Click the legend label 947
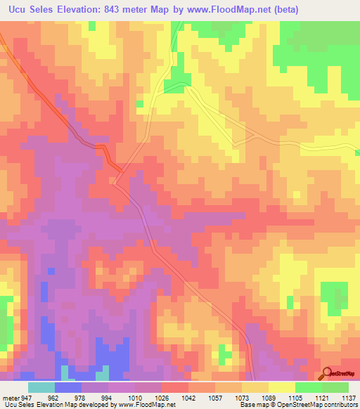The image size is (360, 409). pyautogui.click(x=26, y=397)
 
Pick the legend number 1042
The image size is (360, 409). pyautogui.click(x=188, y=397)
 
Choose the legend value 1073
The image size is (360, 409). pyautogui.click(x=241, y=397)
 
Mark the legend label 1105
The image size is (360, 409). pyautogui.click(x=295, y=397)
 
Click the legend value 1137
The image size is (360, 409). pyautogui.click(x=347, y=397)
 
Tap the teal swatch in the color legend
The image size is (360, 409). pyautogui.click(x=41, y=387)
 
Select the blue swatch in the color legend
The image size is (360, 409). pyautogui.click(x=68, y=387)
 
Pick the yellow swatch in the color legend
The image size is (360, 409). pyautogui.click(x=282, y=387)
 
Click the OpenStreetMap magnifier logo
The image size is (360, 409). pyautogui.click(x=328, y=373)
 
